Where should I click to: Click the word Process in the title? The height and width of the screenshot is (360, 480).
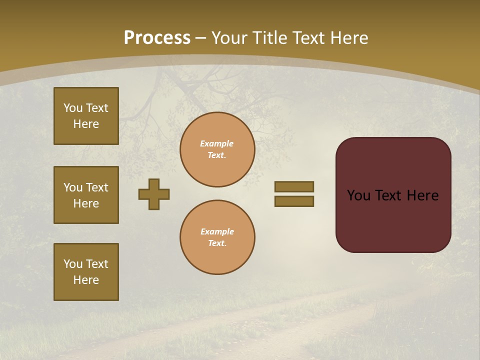[157, 38]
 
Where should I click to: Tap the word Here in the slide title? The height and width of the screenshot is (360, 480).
[348, 38]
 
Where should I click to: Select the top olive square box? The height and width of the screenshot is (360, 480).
[86, 116]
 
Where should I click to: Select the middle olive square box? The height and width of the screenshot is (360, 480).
[86, 195]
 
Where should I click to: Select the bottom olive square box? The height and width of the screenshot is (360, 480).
[86, 272]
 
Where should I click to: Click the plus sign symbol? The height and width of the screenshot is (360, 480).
[154, 194]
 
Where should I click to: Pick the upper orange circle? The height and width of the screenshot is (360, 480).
[217, 149]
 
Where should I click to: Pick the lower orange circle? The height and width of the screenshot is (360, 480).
[217, 237]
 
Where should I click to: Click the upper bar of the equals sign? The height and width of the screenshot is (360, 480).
[294, 186]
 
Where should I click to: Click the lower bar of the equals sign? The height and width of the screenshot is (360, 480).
[294, 201]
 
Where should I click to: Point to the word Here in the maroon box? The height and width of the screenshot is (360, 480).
[422, 195]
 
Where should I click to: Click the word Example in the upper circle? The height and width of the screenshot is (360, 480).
[217, 143]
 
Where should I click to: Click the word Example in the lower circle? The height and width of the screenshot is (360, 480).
[217, 231]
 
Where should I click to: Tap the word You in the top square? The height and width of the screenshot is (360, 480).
[72, 108]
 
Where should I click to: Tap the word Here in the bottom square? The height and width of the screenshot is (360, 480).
[86, 280]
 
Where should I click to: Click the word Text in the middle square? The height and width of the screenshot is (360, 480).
[96, 187]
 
